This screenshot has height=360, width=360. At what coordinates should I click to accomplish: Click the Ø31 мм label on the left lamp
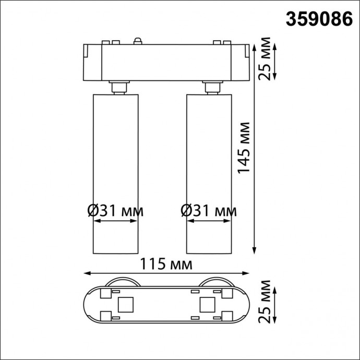pos(115,211)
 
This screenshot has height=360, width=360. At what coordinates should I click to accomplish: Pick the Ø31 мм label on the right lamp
pos(208,211)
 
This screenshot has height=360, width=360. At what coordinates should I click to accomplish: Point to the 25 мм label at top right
pos(266,58)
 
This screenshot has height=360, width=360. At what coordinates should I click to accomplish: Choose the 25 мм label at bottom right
pos(266,302)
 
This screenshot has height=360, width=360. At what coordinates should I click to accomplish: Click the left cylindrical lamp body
pos(115,157)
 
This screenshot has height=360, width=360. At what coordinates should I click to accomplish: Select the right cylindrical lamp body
pos(208,157)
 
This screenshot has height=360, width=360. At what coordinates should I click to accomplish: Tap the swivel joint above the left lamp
pos(118,87)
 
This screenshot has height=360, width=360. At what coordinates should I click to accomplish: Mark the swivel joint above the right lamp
pos(212,87)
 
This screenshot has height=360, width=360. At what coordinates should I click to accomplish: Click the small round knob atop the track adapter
pos(138,40)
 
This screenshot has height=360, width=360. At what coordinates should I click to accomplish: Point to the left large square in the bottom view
pos(125,303)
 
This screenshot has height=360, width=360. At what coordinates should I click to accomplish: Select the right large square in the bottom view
pos(207,303)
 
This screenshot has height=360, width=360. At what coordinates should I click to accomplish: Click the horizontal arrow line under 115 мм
pos(166,273)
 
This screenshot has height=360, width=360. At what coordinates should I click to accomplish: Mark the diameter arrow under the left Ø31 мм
pos(115,221)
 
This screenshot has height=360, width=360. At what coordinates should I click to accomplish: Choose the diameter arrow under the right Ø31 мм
pos(208,221)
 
